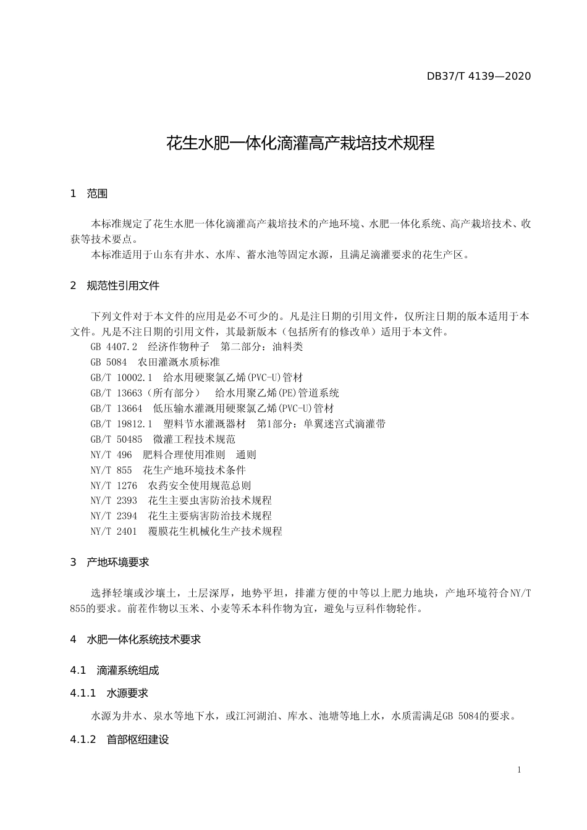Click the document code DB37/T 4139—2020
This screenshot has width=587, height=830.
tap(478, 77)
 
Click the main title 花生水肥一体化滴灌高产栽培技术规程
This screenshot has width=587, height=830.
tap(301, 144)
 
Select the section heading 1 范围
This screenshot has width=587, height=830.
tap(90, 194)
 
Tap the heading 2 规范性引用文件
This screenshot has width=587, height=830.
tap(115, 285)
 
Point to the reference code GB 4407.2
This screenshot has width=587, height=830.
tap(114, 346)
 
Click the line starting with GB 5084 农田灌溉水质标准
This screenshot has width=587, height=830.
tap(155, 362)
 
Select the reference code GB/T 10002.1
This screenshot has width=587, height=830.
tap(120, 377)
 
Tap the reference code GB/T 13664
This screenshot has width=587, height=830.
tap(116, 408)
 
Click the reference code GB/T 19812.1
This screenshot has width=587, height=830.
tap(120, 424)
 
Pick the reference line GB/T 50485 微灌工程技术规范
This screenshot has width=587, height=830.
tap(163, 439)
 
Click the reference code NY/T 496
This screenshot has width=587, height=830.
tap(111, 455)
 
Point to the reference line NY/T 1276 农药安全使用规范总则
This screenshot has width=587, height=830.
tap(171, 485)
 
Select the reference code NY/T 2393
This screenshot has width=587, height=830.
tap(114, 500)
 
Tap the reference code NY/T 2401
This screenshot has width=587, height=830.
tap(114, 531)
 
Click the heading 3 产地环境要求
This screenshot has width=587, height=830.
tap(110, 562)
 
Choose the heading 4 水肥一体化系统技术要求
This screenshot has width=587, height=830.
tap(136, 640)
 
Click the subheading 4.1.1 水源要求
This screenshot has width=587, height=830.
tap(110, 694)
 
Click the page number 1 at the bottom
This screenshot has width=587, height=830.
tap(519, 769)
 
